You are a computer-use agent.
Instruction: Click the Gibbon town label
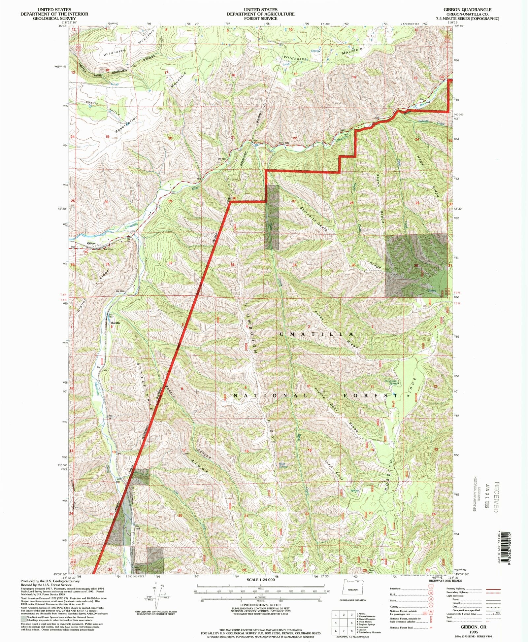point(91,244)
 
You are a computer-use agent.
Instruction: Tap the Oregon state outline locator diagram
point(353,590)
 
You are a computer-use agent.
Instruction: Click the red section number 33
point(233,265)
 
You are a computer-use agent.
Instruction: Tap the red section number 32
point(170,263)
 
